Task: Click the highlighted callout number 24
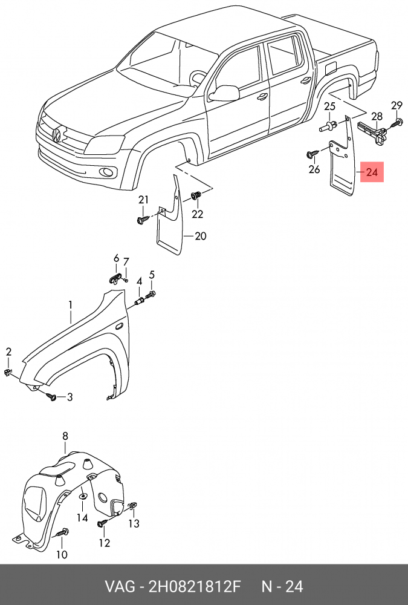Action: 371,173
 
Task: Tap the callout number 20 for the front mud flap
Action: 200,236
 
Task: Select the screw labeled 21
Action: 142,220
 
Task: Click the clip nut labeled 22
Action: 196,196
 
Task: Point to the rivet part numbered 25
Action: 327,127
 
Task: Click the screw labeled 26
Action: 312,154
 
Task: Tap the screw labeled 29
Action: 397,123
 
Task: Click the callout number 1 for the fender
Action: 70,304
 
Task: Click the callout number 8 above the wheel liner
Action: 65,436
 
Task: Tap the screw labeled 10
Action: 63,532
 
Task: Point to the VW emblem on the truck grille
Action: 56,135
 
